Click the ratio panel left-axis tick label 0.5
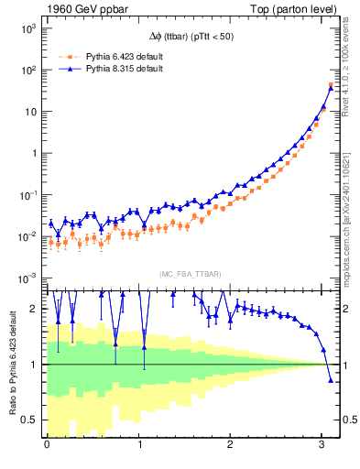[x=30, y=420]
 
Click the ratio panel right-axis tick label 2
[x=346, y=309]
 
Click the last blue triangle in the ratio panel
[x=331, y=379]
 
